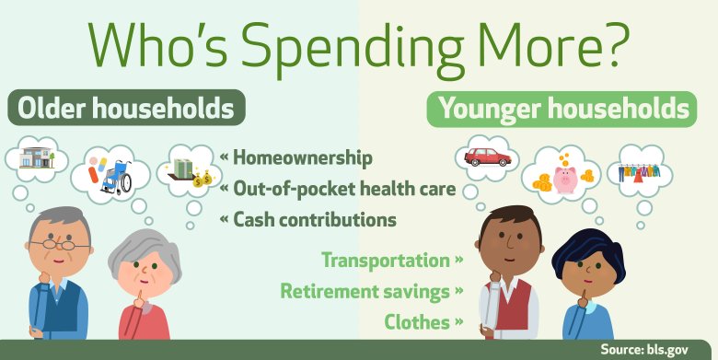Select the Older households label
[126, 109]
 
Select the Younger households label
[564, 110]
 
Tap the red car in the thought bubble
[489, 156]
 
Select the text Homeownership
[304, 158]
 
